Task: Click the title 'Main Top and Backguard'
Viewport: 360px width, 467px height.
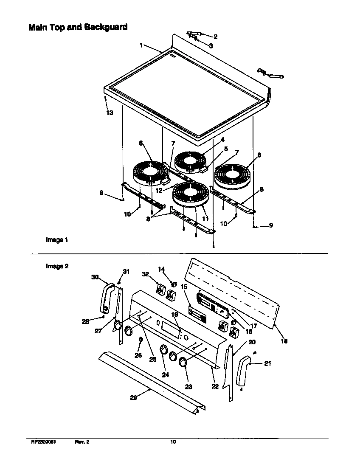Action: [x=78, y=28]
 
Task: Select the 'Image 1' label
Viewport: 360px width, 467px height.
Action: [x=57, y=240]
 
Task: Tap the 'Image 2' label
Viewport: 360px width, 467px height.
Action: [x=57, y=266]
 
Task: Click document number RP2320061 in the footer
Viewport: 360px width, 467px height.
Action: [x=44, y=442]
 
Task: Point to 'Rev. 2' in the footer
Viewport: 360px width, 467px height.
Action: [x=82, y=442]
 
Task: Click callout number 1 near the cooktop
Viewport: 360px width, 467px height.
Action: [x=141, y=45]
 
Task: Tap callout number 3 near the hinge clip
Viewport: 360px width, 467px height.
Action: [x=211, y=45]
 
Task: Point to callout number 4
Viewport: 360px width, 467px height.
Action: [x=222, y=139]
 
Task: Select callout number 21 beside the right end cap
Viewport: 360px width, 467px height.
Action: [x=267, y=363]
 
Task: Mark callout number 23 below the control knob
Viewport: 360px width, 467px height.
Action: [x=188, y=387]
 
